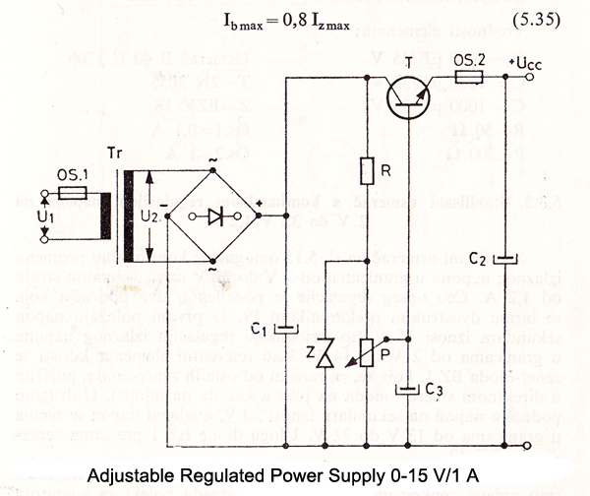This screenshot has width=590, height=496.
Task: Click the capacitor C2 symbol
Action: (504, 260)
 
